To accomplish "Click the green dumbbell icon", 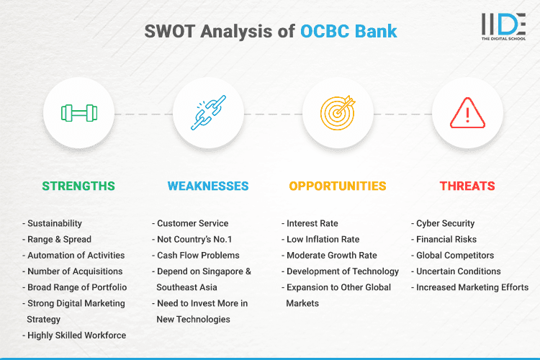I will click(78, 113).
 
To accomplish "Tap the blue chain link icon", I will click(208, 113).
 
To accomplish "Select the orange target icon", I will click(338, 113).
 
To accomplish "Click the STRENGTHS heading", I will click(78, 186).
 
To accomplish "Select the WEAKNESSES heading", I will click(208, 186).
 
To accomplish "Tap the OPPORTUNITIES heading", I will click(338, 186).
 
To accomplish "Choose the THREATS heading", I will click(467, 186).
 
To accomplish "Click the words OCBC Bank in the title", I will click(348, 32).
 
